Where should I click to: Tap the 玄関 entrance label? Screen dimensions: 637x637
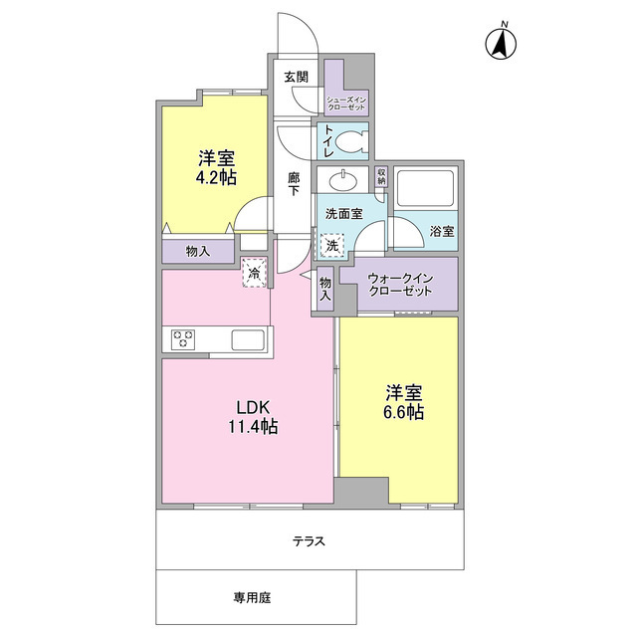296,77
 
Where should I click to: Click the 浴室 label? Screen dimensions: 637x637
443,231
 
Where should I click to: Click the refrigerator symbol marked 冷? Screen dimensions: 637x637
256,272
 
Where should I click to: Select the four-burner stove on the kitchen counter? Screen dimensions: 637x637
185,339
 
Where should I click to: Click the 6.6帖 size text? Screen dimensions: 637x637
405,411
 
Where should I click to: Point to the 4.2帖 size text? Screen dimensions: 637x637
216,177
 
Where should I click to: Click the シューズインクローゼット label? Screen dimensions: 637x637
347,103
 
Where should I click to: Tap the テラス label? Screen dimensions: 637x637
309,541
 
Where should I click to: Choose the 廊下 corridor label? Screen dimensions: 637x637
294,183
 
